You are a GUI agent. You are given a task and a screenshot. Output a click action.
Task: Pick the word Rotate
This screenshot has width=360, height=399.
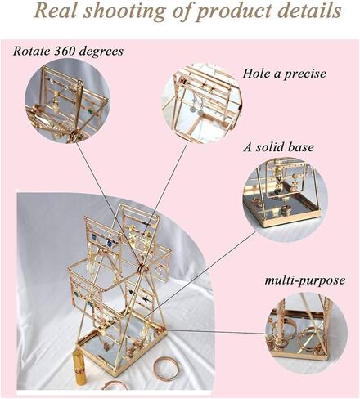coord(32,51)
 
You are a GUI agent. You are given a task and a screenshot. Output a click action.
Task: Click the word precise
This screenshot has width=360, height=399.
coord(305,74)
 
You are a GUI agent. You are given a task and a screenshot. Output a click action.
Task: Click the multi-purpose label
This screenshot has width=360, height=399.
coord(305,280)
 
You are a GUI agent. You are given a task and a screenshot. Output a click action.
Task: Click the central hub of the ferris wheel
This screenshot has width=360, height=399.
coord(142,267)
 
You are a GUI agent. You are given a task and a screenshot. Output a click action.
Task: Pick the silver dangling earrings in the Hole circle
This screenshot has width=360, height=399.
coord(197,104)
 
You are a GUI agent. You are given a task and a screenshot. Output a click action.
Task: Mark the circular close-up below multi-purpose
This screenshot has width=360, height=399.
coord(306,330)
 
